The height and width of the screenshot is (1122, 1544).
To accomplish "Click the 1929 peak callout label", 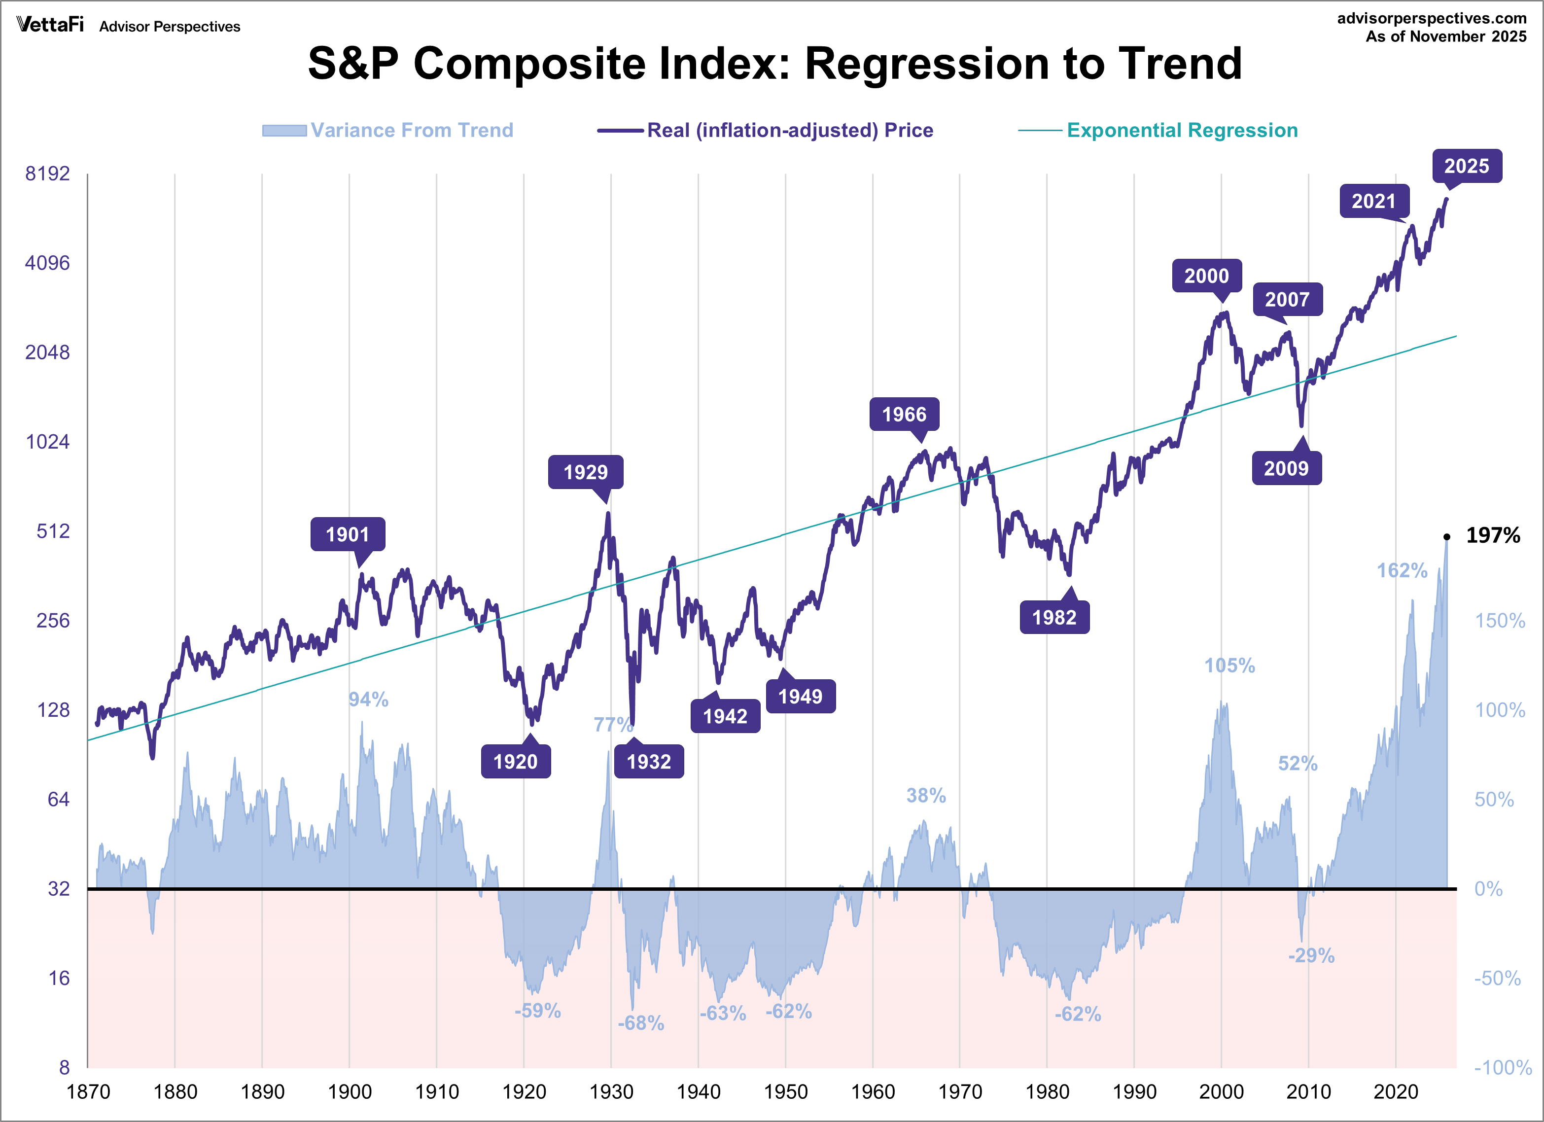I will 586,472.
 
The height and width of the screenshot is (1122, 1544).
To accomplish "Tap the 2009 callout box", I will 1286,468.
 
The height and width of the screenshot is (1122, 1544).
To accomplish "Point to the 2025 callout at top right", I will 1467,166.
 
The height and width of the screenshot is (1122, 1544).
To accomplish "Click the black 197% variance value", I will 1492,535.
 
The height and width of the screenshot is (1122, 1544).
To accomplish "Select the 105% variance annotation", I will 1229,665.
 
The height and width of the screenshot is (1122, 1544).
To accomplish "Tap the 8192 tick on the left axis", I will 48,173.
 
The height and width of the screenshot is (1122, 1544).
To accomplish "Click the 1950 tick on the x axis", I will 786,1091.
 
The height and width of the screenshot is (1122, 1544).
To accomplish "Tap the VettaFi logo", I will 50,25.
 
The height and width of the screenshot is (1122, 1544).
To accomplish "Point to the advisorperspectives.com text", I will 1431,18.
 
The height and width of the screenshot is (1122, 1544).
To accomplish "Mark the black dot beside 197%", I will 1447,536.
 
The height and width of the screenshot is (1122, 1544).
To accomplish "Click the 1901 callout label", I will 347,534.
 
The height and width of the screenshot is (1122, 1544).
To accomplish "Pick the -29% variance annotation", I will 1311,955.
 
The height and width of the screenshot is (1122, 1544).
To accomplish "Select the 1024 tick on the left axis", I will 48,442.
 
